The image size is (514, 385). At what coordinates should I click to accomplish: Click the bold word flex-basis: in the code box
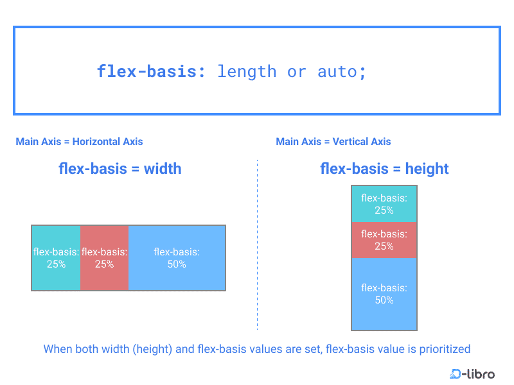tap(152, 71)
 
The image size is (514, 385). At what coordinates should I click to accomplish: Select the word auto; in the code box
tap(342, 71)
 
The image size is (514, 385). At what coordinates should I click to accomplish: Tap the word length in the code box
tap(247, 71)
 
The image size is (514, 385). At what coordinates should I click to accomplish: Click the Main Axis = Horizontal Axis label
tap(79, 141)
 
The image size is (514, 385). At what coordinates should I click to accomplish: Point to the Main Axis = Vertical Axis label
tap(333, 141)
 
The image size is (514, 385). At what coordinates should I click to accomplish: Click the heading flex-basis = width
tap(120, 169)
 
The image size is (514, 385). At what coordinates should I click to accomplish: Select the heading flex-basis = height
tap(384, 169)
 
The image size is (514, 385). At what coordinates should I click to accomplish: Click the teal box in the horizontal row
tap(56, 258)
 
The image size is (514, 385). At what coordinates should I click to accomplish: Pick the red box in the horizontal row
tap(105, 258)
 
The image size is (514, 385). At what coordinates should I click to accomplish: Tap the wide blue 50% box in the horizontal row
tap(177, 258)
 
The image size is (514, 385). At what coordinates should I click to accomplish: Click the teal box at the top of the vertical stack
tap(384, 204)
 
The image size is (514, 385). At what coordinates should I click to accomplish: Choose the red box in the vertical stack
tap(384, 240)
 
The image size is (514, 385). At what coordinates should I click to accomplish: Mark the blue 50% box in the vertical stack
tap(384, 294)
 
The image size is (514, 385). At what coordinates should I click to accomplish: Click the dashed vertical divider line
tap(257, 244)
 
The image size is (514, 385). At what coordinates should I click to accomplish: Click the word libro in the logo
tap(482, 373)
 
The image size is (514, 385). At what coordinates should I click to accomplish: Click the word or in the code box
tap(297, 71)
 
